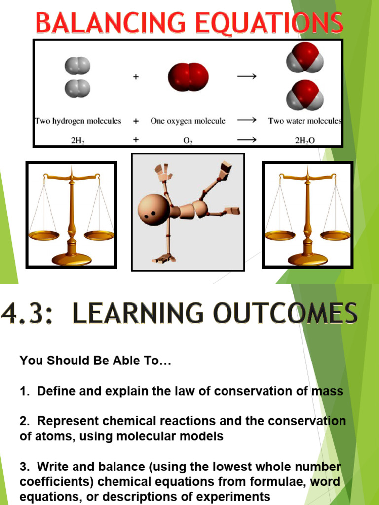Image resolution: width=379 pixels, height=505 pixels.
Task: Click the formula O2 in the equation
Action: (188, 140)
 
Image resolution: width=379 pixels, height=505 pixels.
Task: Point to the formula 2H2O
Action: (304, 140)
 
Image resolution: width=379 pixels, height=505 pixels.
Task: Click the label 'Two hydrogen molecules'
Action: (77, 121)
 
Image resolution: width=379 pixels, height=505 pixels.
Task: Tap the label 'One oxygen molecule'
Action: (188, 121)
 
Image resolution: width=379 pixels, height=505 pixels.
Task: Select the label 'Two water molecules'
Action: (304, 121)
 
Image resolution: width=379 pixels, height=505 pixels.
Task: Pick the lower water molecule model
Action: (305, 96)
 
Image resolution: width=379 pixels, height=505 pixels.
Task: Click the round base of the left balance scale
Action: (72, 258)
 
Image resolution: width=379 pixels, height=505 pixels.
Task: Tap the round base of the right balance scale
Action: (307, 258)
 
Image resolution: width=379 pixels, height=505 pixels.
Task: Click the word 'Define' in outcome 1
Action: (54, 391)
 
